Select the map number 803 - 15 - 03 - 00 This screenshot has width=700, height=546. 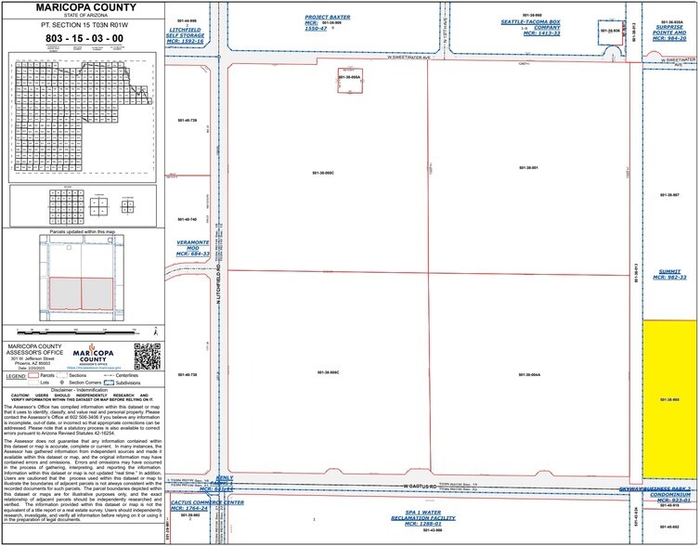click(x=82, y=40)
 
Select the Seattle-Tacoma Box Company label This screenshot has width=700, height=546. click(x=532, y=25)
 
